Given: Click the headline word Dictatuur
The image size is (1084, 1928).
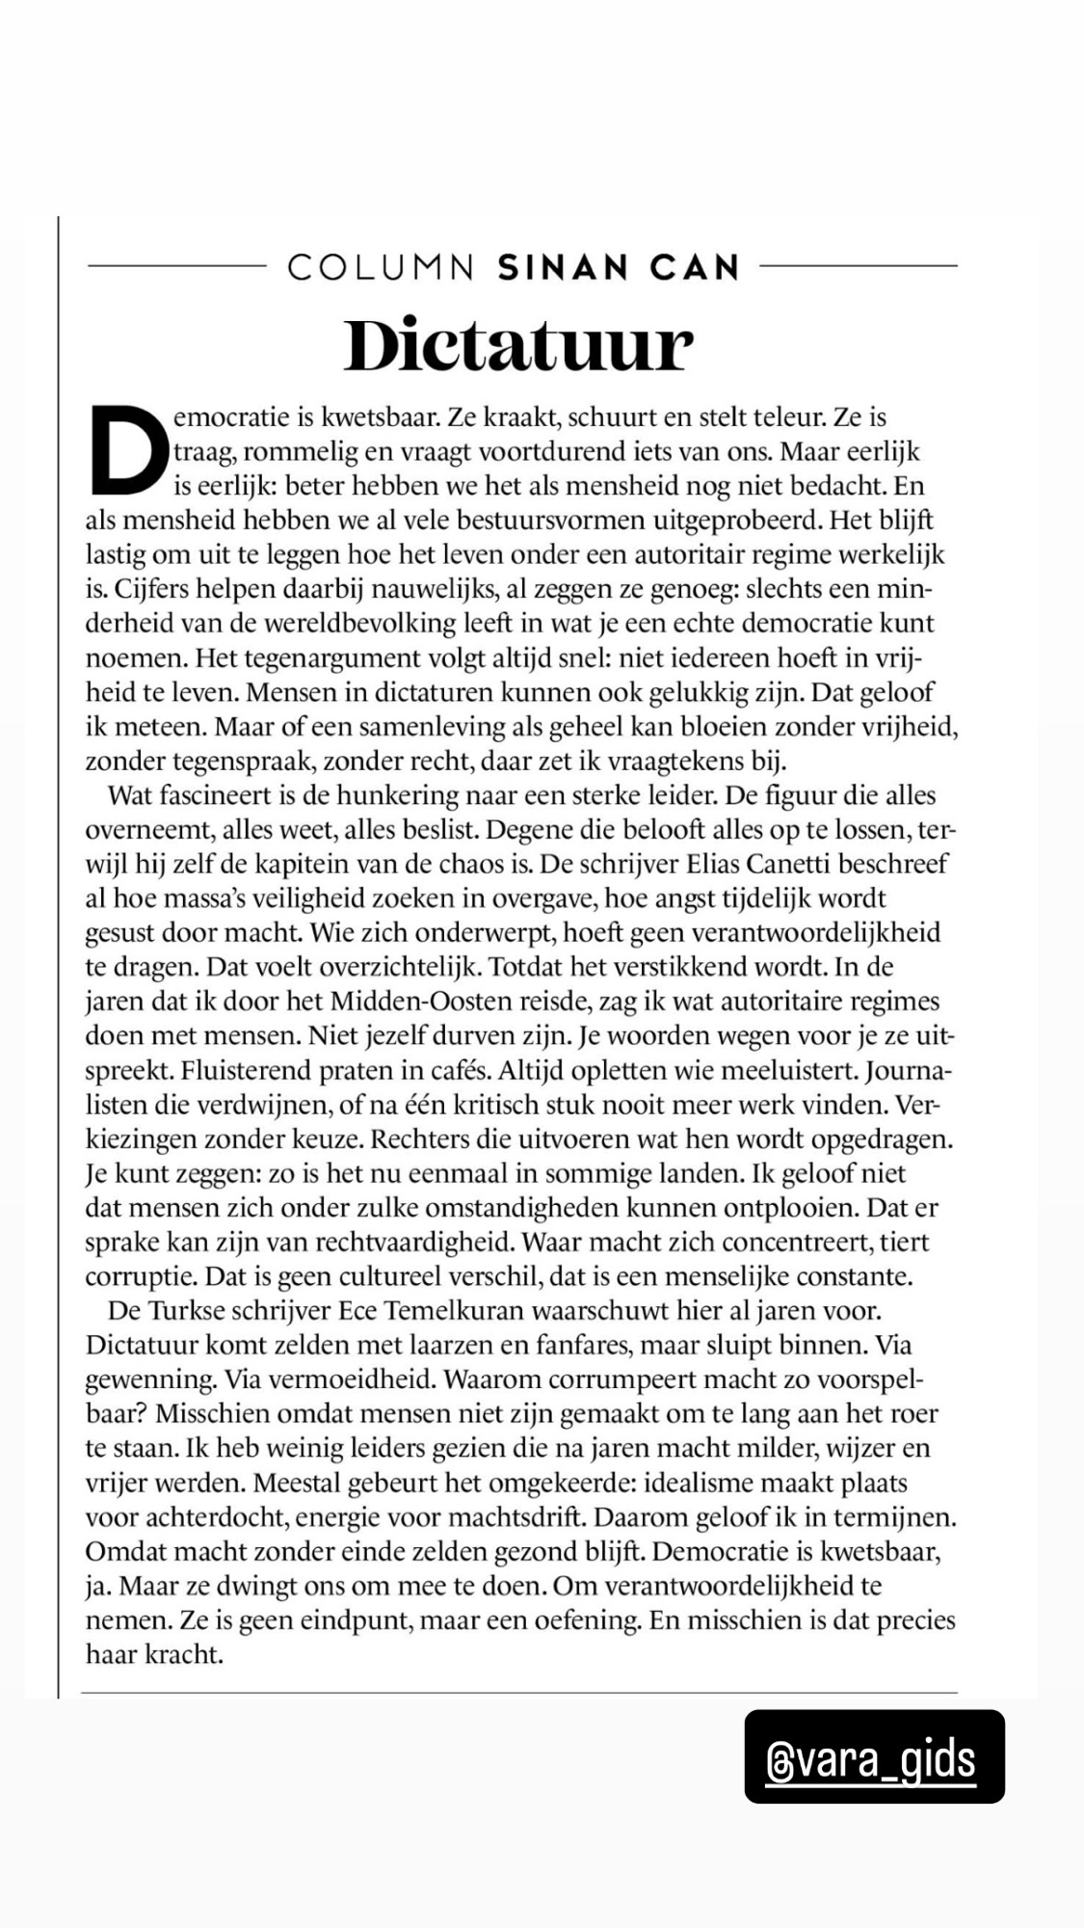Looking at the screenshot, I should click(x=518, y=345).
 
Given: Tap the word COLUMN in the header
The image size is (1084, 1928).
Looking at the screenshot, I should click(x=381, y=267).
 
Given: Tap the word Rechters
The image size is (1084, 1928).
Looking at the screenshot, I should click(x=421, y=1139).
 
